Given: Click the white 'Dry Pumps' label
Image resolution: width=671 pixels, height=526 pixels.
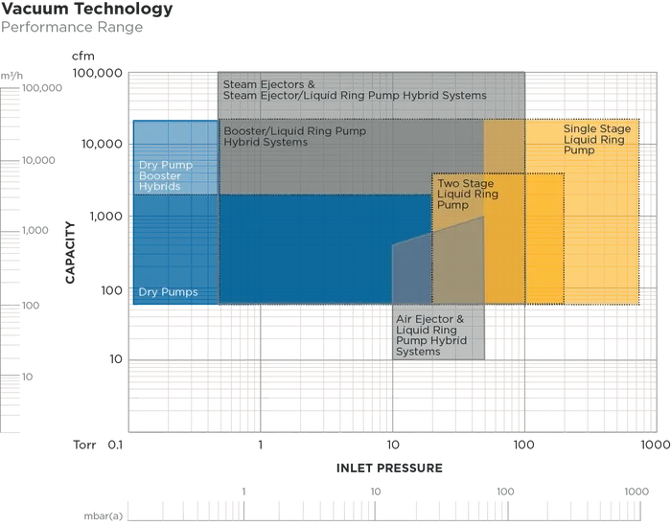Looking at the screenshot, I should click(x=168, y=292).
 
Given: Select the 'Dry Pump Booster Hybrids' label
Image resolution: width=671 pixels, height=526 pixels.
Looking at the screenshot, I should click(x=166, y=175).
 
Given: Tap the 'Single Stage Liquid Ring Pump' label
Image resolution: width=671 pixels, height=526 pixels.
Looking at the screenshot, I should click(x=597, y=140).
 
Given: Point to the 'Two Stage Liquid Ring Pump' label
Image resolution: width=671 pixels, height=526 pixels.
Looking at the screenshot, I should click(x=468, y=194).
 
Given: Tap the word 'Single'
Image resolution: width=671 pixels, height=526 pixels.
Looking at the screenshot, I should click(x=582, y=129).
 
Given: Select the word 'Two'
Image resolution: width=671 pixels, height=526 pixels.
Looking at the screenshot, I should click(x=449, y=183).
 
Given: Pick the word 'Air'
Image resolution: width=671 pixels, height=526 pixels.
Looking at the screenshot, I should click(x=405, y=320).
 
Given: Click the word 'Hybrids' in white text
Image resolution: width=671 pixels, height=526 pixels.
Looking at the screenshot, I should click(x=159, y=187).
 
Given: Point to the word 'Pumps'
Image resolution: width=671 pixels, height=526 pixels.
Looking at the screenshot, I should click(x=181, y=292).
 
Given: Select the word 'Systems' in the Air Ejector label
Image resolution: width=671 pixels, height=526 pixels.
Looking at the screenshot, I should click(x=418, y=352).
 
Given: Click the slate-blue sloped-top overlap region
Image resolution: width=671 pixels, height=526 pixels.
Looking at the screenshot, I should click(x=411, y=273).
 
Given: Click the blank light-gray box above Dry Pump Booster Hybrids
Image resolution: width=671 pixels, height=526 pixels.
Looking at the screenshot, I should click(x=174, y=93).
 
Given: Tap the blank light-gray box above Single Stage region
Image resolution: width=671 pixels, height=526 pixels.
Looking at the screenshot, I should click(x=582, y=93).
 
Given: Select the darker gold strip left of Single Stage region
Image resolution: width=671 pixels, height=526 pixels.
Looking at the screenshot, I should click(x=503, y=211).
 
